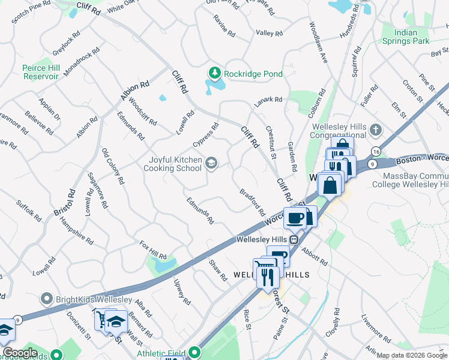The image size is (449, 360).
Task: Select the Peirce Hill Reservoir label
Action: [x=44, y=73]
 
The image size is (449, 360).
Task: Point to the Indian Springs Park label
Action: [x=406, y=37]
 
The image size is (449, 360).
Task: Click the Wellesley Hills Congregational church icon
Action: [x=376, y=129]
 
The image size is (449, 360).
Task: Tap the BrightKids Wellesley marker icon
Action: [x=47, y=299]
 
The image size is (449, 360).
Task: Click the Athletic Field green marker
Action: [x=194, y=353]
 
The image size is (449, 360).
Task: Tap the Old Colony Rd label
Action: [x=113, y=166]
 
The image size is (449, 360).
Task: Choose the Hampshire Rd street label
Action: [x=77, y=230]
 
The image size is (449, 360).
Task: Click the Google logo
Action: [x=20, y=353]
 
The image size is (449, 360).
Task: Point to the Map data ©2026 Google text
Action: [x=412, y=355]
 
